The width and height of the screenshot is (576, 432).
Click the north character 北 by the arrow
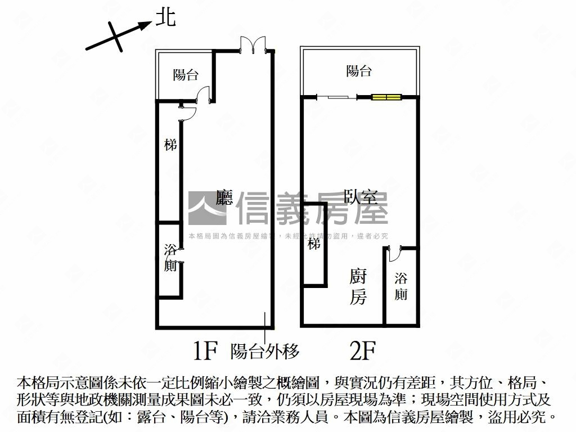[165, 17]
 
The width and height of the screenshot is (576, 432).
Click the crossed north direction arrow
[117, 37]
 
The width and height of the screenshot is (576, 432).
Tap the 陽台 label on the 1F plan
[185, 75]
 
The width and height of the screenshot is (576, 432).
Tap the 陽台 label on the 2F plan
[359, 71]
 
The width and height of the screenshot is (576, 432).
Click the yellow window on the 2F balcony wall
[386, 97]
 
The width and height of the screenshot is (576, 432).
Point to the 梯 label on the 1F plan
[170, 145]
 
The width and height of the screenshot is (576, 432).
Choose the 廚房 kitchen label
[358, 287]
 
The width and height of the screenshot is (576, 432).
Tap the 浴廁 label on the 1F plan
[170, 258]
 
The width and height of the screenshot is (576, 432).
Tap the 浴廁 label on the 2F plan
[400, 286]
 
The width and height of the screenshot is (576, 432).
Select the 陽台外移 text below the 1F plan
[265, 352]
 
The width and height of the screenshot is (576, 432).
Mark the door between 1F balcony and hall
[204, 94]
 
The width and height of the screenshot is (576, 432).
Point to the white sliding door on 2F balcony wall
[337, 97]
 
